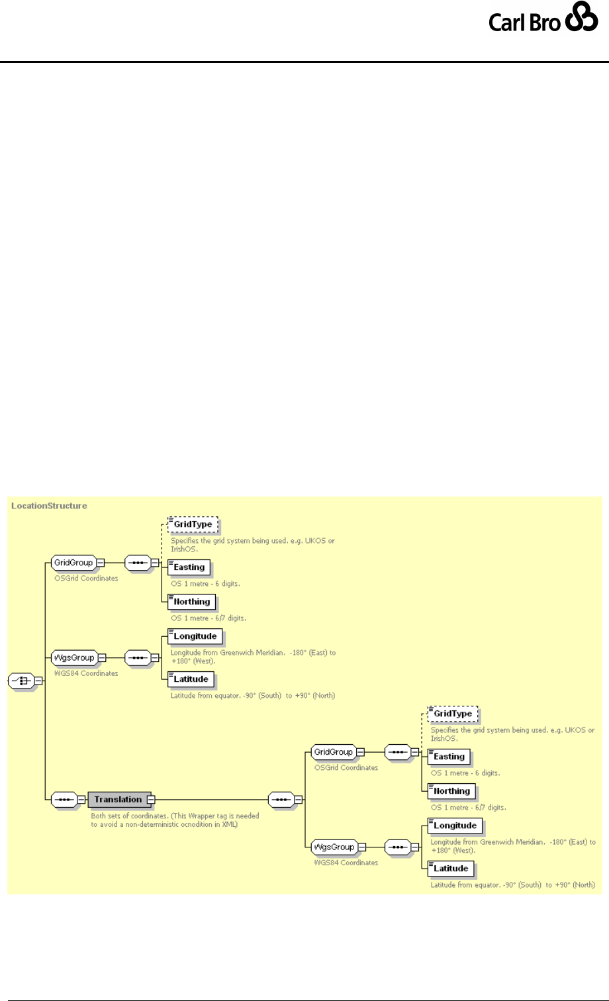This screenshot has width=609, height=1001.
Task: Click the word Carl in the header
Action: pos(507,23)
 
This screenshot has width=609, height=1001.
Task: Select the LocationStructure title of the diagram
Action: pos(50,506)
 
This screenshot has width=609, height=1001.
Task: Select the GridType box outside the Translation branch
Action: pos(193,525)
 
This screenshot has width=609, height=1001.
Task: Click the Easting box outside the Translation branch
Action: pos(189,567)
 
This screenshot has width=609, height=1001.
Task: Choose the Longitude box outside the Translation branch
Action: pos(195,636)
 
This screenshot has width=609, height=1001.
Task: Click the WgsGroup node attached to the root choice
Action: pos(73,658)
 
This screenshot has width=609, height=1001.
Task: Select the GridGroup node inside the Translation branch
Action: pos(333,752)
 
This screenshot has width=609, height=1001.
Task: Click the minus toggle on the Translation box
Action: pos(151,799)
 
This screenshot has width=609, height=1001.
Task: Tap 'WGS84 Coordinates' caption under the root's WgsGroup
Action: pos(85,673)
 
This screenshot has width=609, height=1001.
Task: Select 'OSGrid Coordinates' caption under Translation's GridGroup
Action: pos(346,768)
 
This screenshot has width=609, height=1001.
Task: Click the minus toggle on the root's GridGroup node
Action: pos(101,563)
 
